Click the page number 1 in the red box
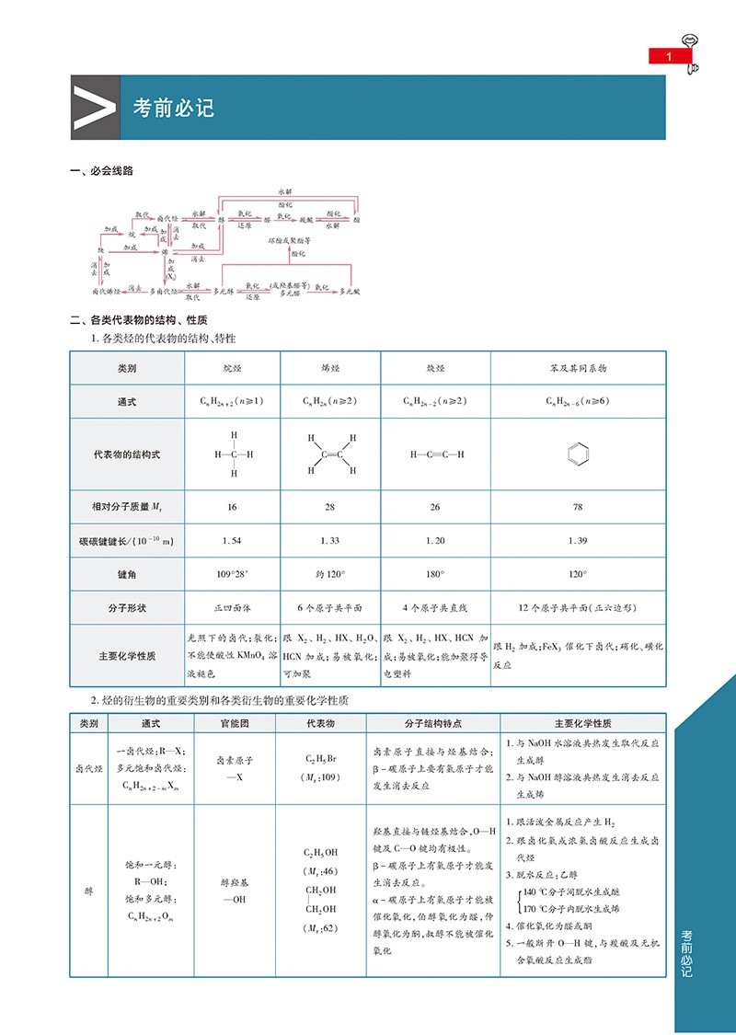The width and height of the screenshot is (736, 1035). tap(669, 57)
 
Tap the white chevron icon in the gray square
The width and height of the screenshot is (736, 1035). tap(95, 108)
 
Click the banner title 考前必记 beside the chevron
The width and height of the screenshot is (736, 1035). tap(173, 108)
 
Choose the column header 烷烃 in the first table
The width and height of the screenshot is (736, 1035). tap(234, 368)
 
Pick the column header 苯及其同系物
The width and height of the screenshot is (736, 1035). tap(577, 368)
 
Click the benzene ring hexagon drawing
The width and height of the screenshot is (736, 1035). tap(577, 454)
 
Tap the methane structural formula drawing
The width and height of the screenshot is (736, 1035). tap(234, 454)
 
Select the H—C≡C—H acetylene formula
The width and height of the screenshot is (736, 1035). tap(435, 454)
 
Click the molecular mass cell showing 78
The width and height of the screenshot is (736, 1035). tap(577, 507)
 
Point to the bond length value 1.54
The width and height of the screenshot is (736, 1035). tap(234, 541)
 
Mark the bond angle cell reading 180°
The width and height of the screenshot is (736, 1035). tap(435, 574)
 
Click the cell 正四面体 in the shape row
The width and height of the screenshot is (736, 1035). tap(234, 608)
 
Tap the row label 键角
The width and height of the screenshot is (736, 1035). tap(127, 574)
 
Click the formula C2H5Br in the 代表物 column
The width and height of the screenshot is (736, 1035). tap(321, 760)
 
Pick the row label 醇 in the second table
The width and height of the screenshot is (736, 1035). tap(89, 891)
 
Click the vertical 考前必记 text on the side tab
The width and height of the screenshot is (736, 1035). tap(686, 951)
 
